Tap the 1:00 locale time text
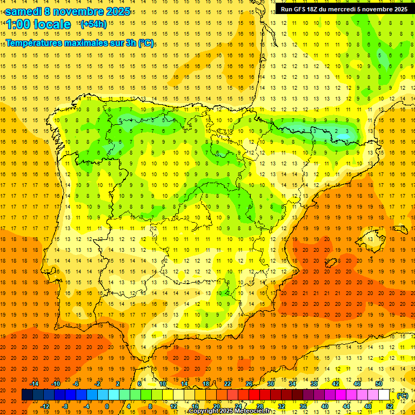coord(38,25)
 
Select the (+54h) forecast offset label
coord(93,24)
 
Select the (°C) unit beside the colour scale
coord(402,396)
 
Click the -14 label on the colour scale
coord(34,384)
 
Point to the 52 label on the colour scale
coord(389,406)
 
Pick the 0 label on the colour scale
coord(107,406)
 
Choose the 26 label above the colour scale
coord(249,384)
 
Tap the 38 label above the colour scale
coord(313,384)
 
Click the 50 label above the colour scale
coord(378,384)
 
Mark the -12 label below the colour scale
coord(45,406)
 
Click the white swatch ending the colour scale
coord(384,395)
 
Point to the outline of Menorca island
coord(372,236)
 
